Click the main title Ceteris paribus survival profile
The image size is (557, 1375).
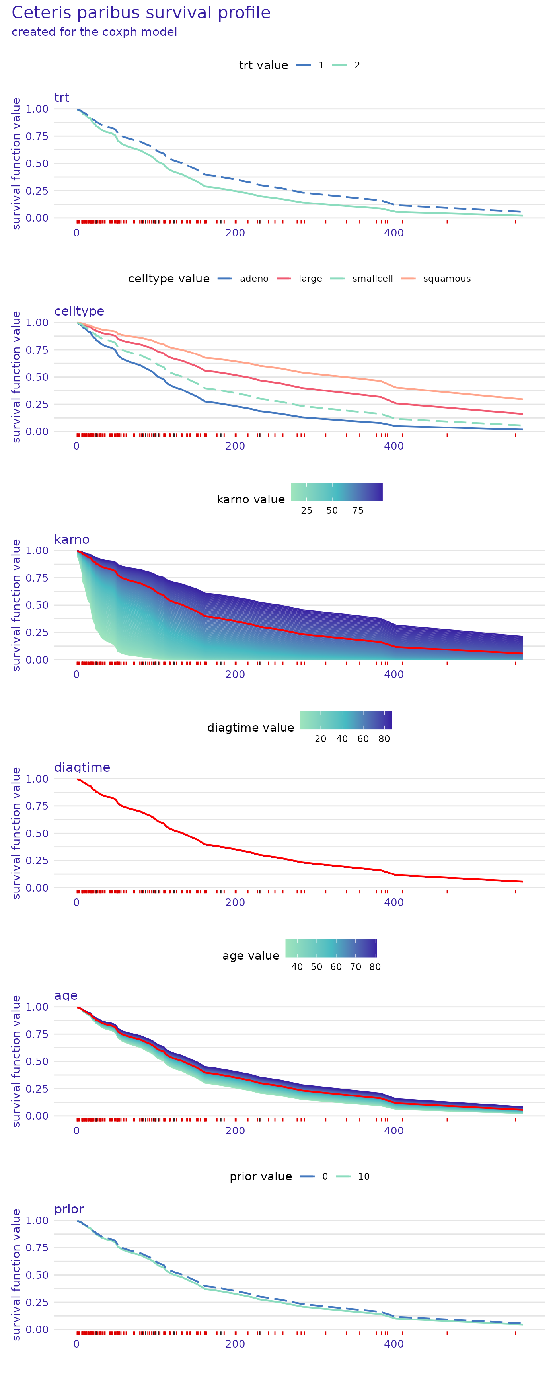[141, 13]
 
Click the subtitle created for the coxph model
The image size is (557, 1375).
[94, 32]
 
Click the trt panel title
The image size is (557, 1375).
[61, 98]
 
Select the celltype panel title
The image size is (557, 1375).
[79, 311]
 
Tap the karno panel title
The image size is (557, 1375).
[72, 539]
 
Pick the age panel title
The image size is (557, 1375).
[66, 995]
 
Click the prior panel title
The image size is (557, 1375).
[69, 1209]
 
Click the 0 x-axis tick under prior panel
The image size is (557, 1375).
[76, 1344]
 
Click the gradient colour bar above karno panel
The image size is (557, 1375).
[336, 492]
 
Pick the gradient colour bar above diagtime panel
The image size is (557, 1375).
[346, 720]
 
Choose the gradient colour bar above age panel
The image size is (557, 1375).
[331, 948]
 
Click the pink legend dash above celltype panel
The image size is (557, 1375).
[283, 278]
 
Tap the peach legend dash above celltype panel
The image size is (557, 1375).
[408, 278]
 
